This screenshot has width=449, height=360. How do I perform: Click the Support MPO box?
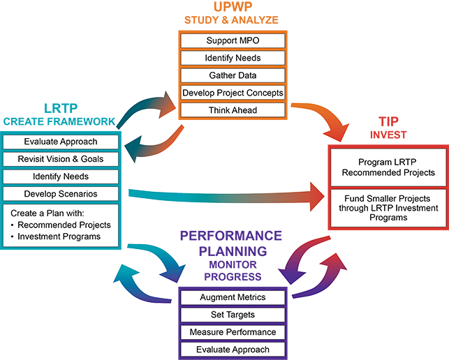pos(233,40)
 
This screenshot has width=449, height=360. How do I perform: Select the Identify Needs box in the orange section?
pos(233,58)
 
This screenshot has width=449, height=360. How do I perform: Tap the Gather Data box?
pos(233,75)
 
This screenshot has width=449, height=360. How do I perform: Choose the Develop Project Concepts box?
pos(233,92)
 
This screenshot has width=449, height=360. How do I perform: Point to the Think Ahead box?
pos(233,110)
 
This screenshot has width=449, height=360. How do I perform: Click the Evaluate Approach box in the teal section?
pos(61,142)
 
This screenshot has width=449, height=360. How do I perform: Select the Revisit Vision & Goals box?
pos(61,159)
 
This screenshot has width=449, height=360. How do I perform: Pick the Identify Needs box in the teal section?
pos(61,177)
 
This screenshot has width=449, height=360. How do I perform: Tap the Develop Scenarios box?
pos(61,193)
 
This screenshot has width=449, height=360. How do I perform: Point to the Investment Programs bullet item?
pos(59,237)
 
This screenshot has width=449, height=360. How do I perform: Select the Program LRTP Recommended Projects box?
pos(387,167)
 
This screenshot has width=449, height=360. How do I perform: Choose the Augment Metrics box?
pos(233,297)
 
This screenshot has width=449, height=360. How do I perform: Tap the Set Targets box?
pos(233,315)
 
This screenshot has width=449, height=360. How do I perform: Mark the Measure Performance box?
pos(233,332)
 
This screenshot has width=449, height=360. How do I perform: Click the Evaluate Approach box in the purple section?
pos(233,350)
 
